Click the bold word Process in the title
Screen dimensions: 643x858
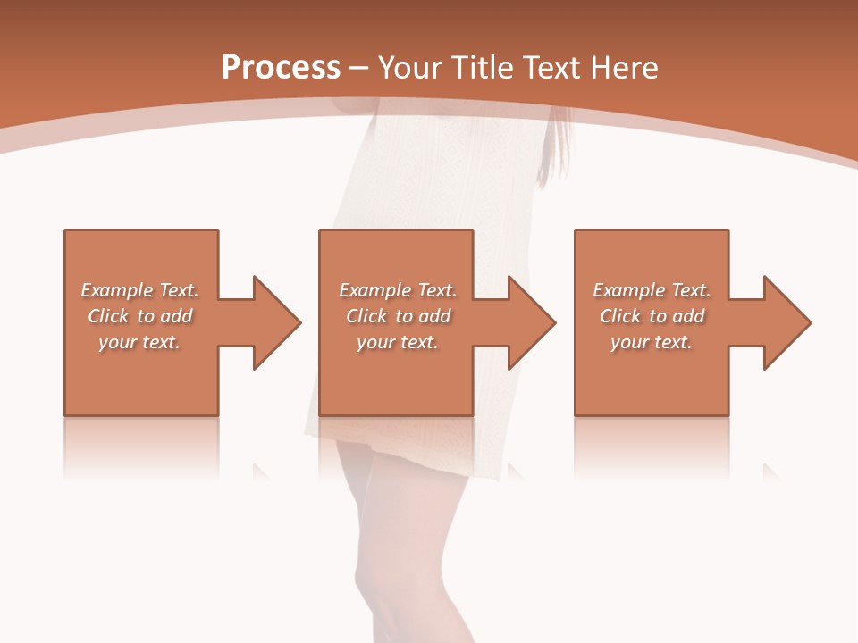coord(281,67)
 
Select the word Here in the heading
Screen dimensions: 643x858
coord(624,67)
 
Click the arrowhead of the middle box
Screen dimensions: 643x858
coord(531,322)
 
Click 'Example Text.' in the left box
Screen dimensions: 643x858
coord(139,290)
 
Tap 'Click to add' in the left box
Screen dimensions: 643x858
coord(139,316)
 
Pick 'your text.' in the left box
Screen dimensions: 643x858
coord(139,342)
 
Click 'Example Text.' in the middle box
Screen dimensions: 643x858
coord(398,290)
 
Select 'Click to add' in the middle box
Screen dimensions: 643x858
coord(398,316)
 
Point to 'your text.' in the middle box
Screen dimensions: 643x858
coord(398,342)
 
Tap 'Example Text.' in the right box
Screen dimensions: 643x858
coord(652,290)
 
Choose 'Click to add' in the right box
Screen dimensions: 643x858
coord(652,316)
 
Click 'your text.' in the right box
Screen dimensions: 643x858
coord(652,342)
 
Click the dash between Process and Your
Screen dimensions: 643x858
coord(359,69)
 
